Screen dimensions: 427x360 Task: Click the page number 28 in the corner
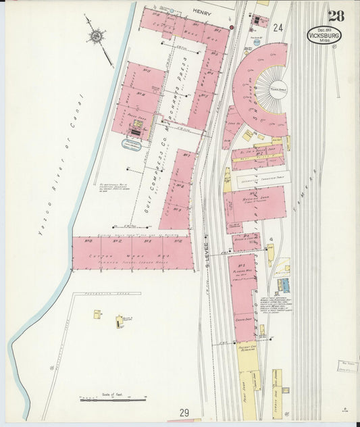pos(335,16)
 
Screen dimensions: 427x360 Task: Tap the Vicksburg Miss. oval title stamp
pos(324,34)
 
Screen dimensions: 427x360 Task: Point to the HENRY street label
pos(201,11)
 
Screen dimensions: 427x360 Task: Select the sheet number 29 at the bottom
pos(184,412)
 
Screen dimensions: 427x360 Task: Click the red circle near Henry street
pos(231,27)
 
